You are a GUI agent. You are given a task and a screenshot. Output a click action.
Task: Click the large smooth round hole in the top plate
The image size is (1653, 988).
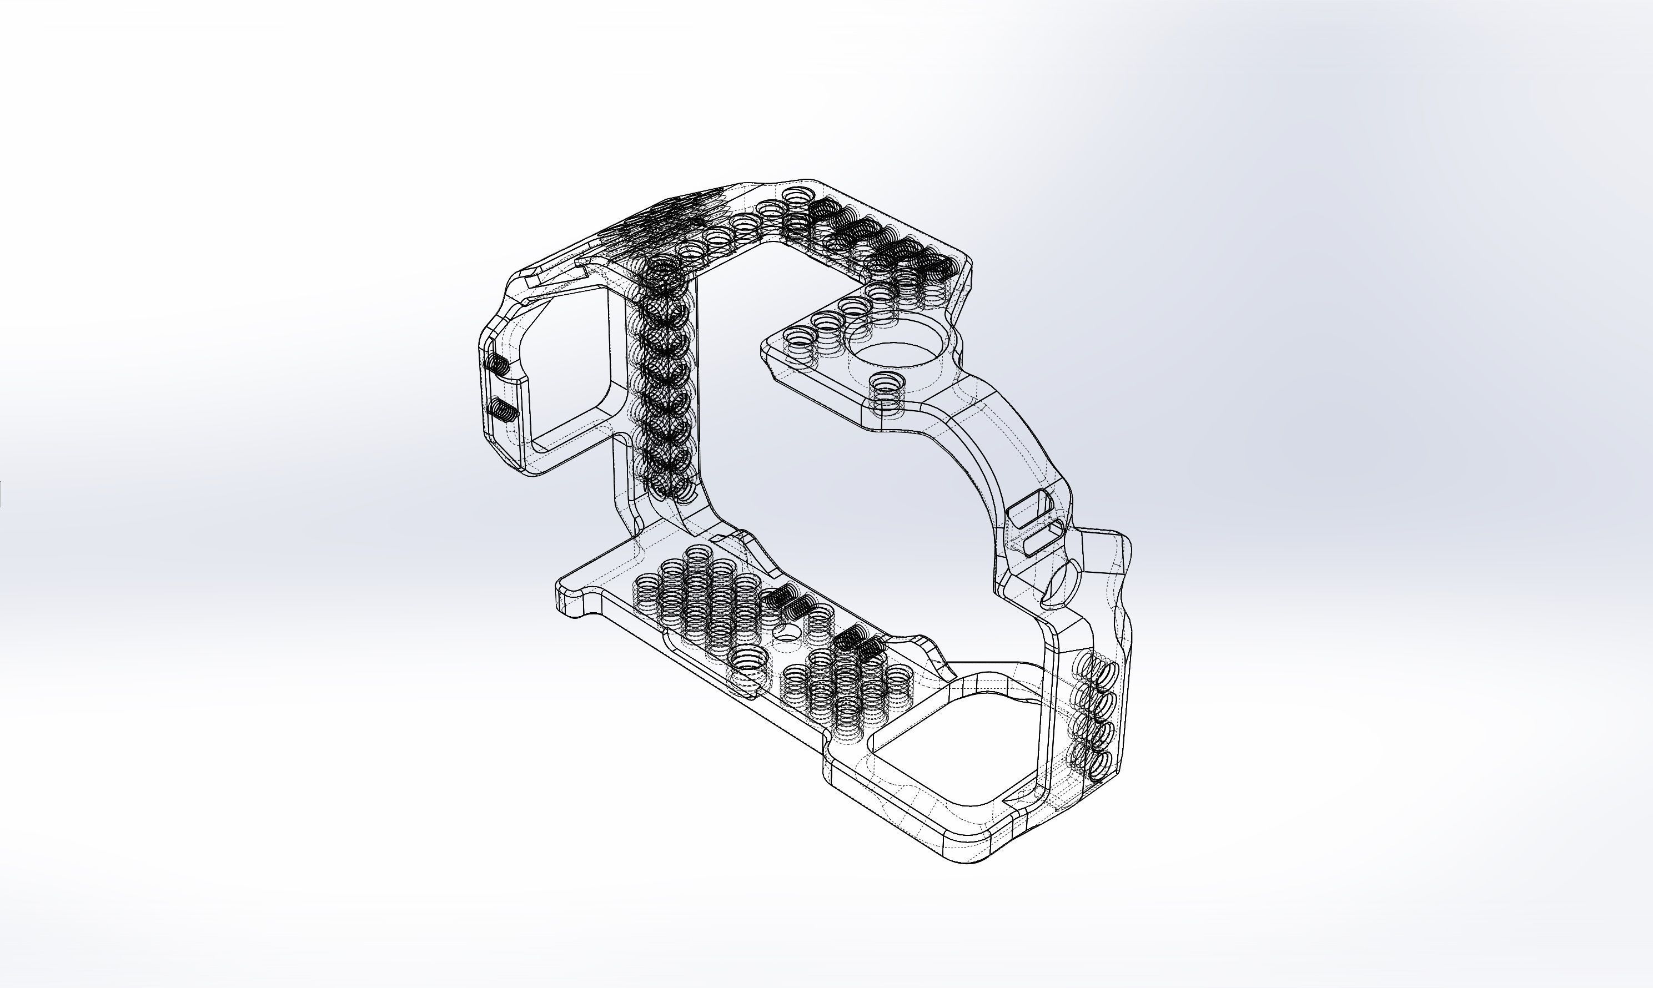[896, 353]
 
